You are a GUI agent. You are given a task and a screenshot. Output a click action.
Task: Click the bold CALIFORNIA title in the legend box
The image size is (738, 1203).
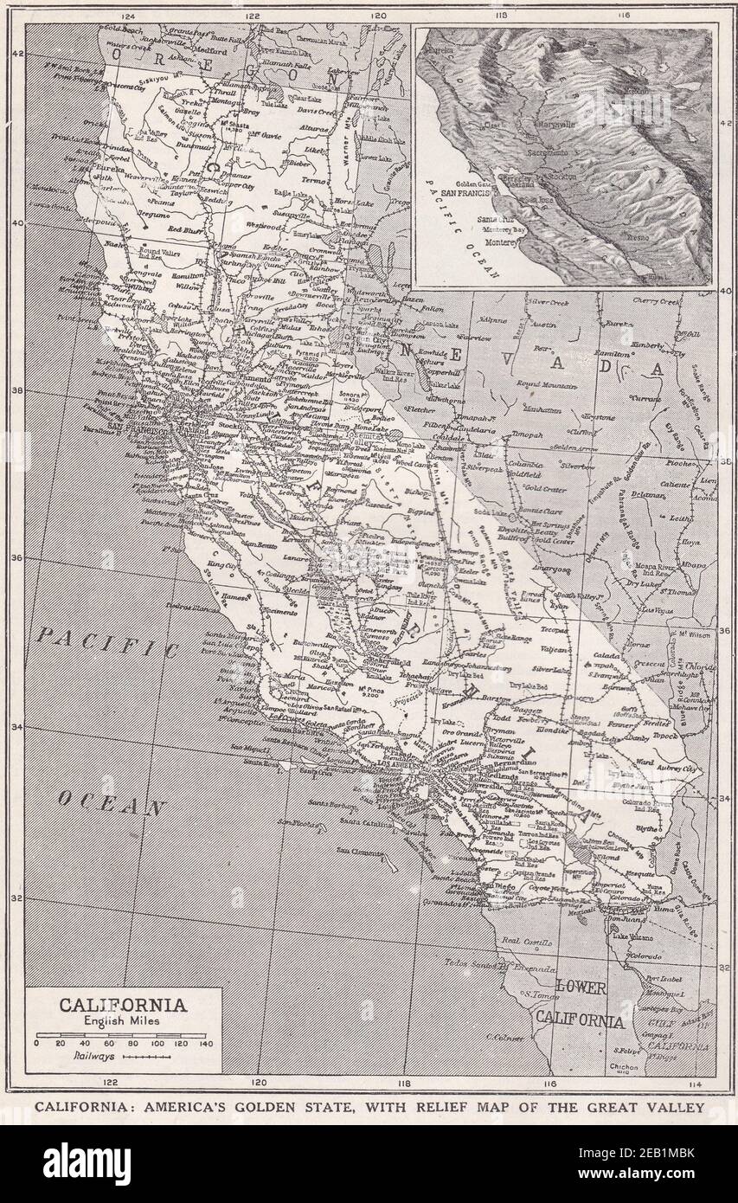[122, 1005]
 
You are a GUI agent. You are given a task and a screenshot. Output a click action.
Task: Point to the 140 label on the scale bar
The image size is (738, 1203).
[205, 1043]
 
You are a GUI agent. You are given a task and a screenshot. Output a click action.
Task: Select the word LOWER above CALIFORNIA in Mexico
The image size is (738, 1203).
[581, 987]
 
